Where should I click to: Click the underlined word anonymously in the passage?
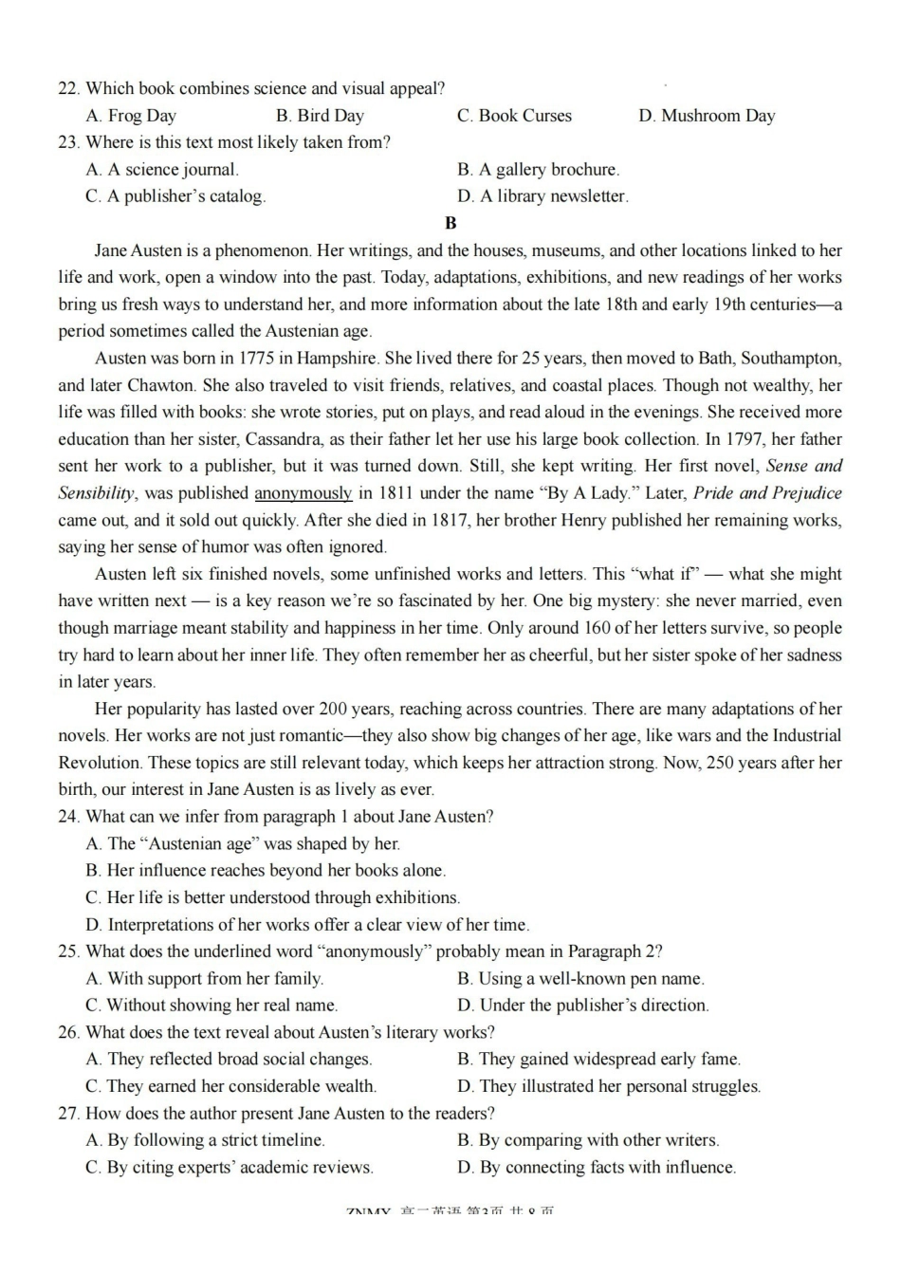coord(303,493)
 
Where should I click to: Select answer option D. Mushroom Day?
coord(707,116)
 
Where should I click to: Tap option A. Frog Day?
coord(131,116)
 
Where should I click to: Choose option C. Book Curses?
coord(514,116)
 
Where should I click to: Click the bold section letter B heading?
coord(450,224)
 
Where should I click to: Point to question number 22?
coord(67,89)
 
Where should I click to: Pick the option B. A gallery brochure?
coord(538,170)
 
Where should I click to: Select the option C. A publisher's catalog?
coord(175,196)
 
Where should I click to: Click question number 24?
coord(67,817)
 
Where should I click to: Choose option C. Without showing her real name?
coord(211,1006)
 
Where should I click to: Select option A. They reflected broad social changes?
coord(229,1060)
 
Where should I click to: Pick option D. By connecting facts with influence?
coord(597,1168)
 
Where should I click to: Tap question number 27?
coord(67,1114)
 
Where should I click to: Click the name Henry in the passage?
coord(584,521)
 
